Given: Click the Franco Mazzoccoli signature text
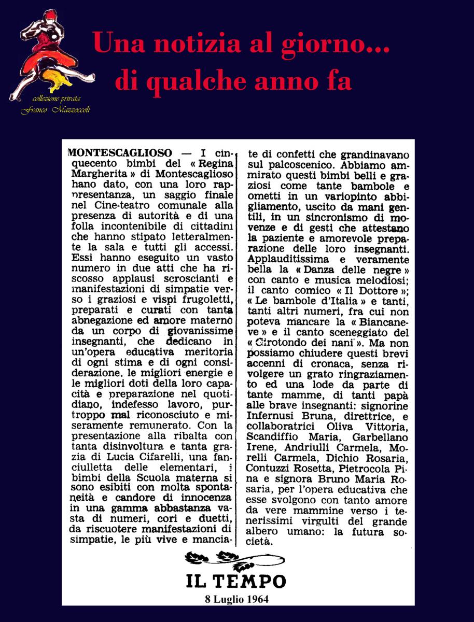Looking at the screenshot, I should [x=55, y=109].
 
